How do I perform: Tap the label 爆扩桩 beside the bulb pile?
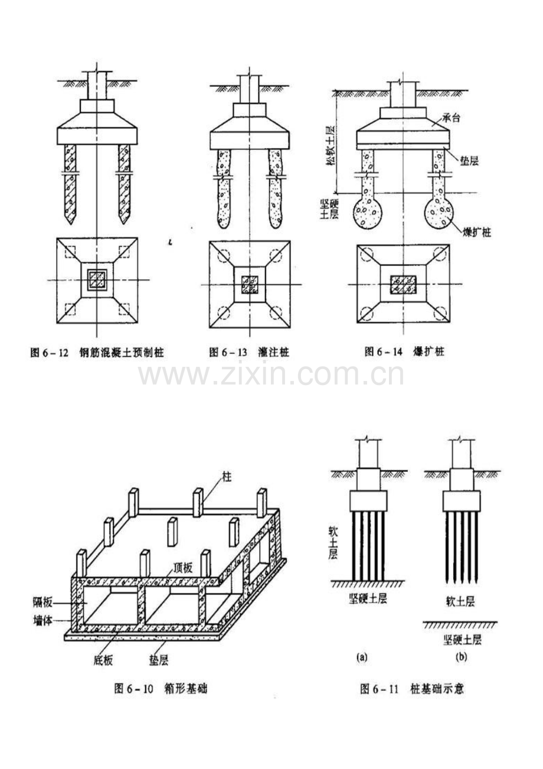coord(479,232)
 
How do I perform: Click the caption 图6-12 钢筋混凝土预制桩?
coord(97,353)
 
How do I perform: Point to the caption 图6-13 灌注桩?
coord(249,353)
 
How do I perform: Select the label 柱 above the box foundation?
coord(225,476)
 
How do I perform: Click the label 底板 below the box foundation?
coord(103,658)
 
